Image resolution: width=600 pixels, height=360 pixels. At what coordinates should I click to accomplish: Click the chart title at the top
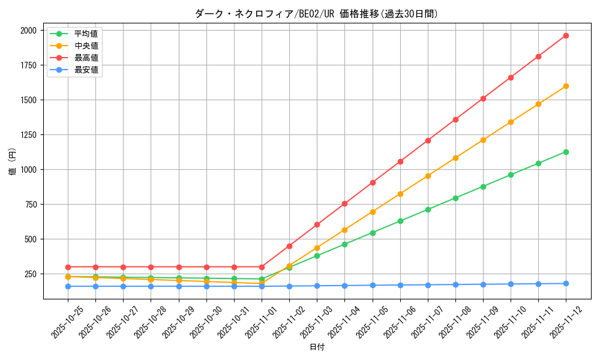316,14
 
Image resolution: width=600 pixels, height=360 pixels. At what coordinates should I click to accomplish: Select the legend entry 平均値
86,34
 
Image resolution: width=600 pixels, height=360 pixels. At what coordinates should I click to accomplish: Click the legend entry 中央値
86,46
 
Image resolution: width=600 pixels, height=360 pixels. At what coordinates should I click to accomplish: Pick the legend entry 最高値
86,58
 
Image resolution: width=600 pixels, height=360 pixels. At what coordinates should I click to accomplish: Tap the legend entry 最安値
86,70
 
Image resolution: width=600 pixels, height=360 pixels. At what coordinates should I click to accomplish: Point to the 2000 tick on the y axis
29,31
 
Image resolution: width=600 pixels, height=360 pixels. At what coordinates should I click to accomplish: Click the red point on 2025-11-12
566,35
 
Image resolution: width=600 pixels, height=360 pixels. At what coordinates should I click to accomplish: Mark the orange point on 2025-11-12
566,86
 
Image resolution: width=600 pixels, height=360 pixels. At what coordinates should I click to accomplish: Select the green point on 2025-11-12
566,152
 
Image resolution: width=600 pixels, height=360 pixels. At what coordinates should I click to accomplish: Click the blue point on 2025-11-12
566,284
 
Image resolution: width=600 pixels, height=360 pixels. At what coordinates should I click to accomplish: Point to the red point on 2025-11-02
289,246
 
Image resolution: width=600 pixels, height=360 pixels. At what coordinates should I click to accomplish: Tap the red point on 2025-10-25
68,267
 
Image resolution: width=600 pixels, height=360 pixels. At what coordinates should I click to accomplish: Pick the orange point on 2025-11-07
428,176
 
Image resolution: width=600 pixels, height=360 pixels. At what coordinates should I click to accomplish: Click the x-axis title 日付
317,347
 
